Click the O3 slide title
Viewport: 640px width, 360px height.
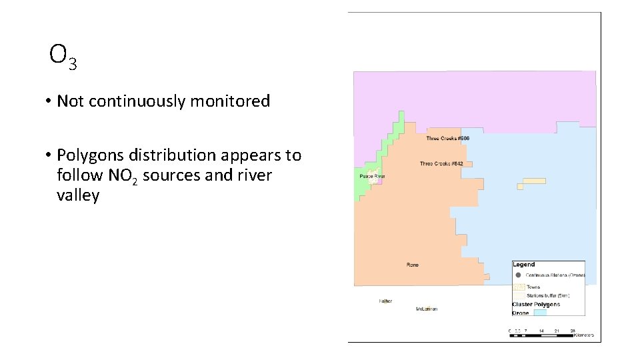(x=63, y=57)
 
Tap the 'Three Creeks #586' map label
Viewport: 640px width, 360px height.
(x=448, y=139)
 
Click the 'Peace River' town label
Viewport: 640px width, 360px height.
(x=372, y=177)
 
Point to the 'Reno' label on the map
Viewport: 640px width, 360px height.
(x=413, y=265)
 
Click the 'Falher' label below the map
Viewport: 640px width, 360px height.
(x=385, y=301)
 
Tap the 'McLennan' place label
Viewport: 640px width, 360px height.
(x=427, y=309)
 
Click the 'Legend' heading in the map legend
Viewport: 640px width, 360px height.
(x=523, y=265)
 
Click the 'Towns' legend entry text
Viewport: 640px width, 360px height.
(x=533, y=287)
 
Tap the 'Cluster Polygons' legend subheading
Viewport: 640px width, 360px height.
(x=536, y=304)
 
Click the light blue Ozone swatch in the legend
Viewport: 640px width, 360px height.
(x=539, y=312)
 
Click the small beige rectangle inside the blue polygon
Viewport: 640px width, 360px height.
(x=534, y=181)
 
